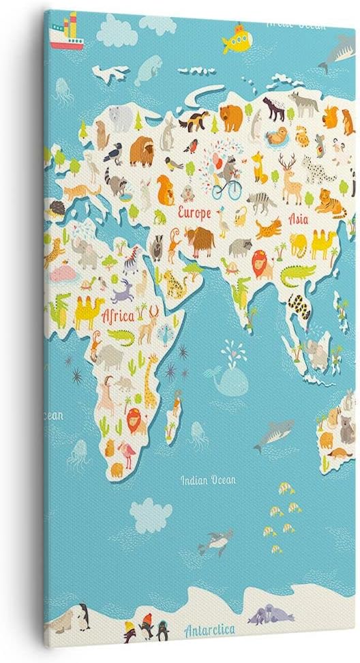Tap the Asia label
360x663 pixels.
pyautogui.click(x=299, y=220)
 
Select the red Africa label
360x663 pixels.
pyautogui.click(x=117, y=317)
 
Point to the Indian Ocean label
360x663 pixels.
pyautogui.click(x=208, y=480)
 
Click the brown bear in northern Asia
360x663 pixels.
pyautogui.click(x=232, y=117)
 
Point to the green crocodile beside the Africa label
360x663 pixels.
pyautogui.click(x=120, y=336)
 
